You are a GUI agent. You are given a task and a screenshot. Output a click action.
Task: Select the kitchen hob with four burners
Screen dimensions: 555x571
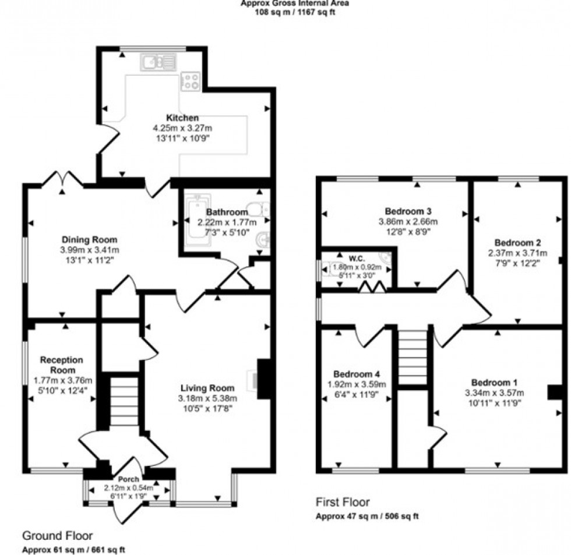click(x=191, y=80)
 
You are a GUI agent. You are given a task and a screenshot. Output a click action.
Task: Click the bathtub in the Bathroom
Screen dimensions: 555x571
click(x=193, y=221)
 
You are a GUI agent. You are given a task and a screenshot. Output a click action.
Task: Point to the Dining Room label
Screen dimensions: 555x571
click(x=90, y=239)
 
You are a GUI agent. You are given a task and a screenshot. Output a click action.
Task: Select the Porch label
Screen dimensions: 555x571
click(x=129, y=479)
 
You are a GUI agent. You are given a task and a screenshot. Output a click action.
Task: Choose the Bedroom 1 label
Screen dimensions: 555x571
click(x=494, y=383)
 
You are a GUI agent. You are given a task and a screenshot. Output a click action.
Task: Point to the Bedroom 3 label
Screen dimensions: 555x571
click(x=408, y=211)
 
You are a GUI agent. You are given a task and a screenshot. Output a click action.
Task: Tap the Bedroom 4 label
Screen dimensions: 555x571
click(x=356, y=373)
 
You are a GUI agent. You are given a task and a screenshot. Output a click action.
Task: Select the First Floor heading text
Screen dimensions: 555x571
click(x=343, y=502)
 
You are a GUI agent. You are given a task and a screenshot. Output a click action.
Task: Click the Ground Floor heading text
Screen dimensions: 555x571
click(x=57, y=535)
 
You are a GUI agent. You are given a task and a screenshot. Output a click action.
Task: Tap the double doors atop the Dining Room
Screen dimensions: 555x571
click(x=62, y=178)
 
